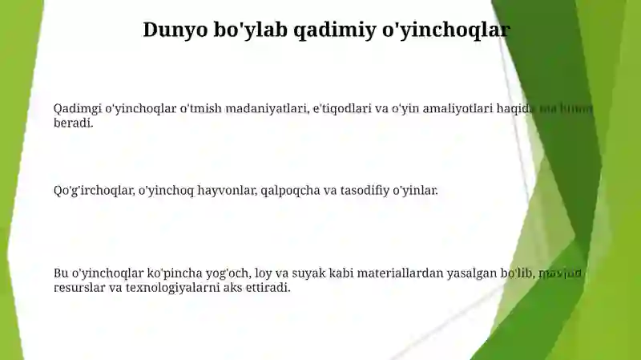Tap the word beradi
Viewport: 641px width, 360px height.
[x=74, y=123]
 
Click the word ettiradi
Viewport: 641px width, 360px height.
[x=268, y=287]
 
